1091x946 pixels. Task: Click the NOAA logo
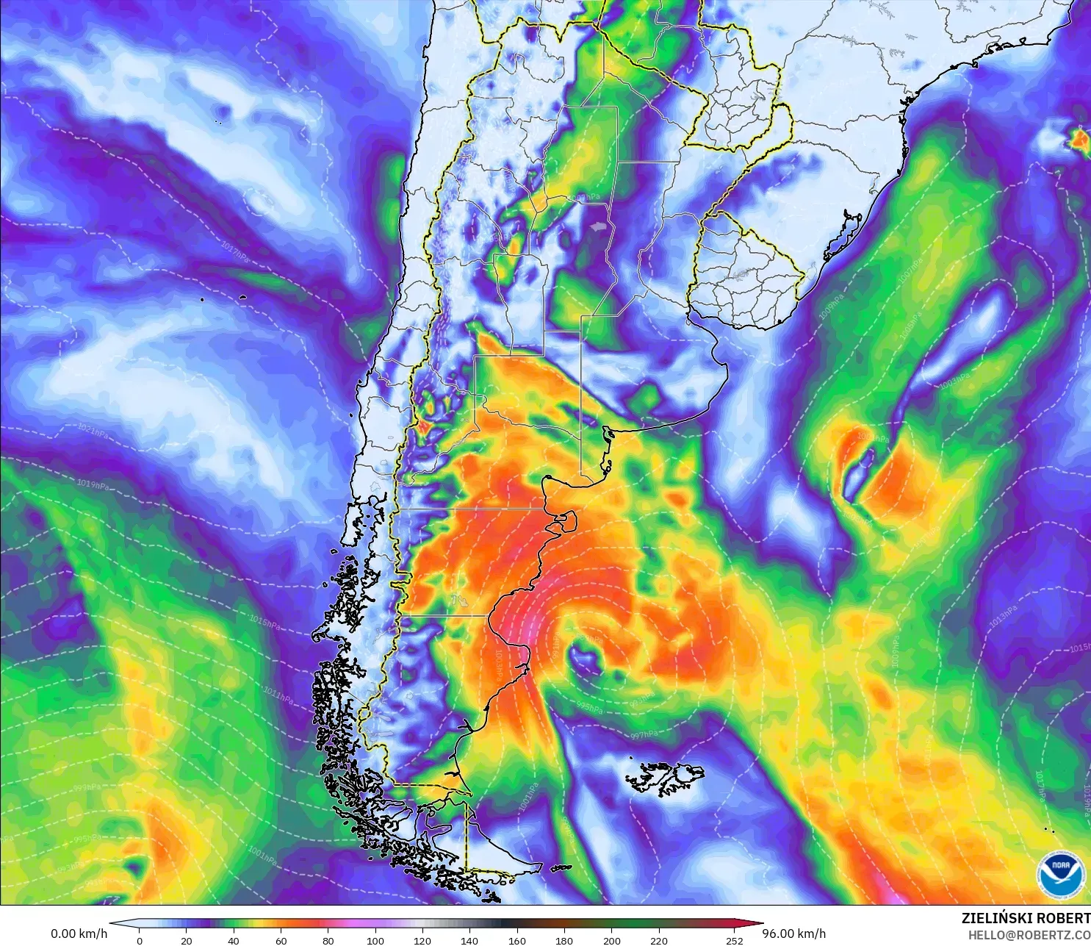coord(1061,875)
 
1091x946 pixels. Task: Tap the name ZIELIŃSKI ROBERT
coord(1026,918)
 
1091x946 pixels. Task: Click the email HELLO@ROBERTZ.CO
coord(1029,935)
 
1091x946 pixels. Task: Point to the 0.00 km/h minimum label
coord(79,934)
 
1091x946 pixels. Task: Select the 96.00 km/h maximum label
coord(793,934)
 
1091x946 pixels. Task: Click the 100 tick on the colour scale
coord(375,940)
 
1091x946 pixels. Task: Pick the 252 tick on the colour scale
coord(735,940)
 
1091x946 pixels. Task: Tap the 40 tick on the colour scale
coord(234,940)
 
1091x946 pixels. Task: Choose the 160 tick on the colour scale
coord(517,940)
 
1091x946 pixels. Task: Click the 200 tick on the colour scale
coord(611,940)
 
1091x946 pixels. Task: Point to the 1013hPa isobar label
coord(1003,616)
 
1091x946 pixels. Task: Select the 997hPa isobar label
coord(644,734)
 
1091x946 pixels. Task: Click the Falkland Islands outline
coord(665,778)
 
